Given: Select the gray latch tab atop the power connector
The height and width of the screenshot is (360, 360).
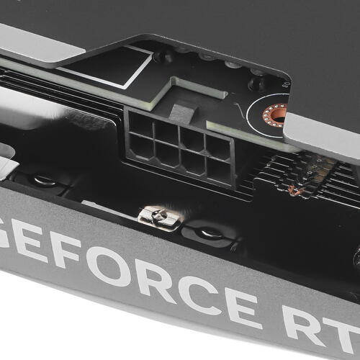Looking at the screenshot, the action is pyautogui.click(x=184, y=113).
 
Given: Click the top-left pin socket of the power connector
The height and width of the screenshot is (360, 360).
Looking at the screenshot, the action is pyautogui.click(x=141, y=125).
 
